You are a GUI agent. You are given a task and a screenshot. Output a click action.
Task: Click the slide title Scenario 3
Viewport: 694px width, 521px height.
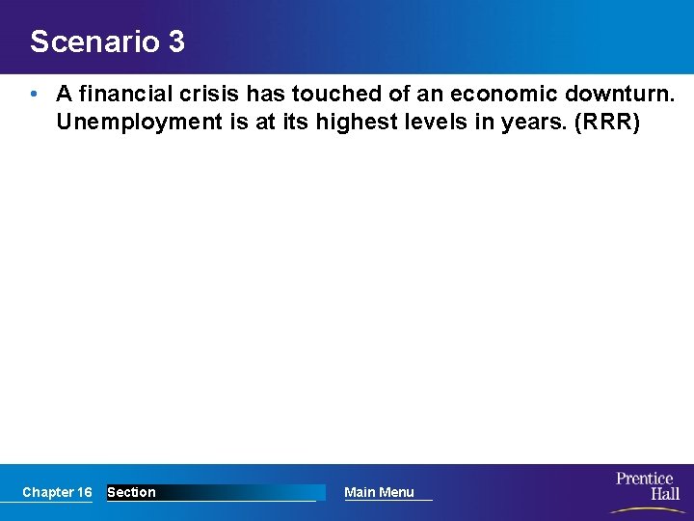pyautogui.click(x=107, y=42)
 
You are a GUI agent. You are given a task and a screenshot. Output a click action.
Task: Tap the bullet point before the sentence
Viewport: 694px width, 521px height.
pyautogui.click(x=34, y=95)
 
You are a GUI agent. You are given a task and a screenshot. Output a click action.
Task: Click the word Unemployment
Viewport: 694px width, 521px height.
pyautogui.click(x=137, y=123)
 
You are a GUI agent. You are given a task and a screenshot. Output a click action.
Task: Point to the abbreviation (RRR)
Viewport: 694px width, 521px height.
pyautogui.click(x=607, y=123)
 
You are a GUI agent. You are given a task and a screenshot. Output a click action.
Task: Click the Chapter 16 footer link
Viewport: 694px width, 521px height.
pyautogui.click(x=57, y=492)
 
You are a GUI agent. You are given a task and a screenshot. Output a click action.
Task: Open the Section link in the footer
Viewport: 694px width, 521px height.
pyautogui.click(x=131, y=492)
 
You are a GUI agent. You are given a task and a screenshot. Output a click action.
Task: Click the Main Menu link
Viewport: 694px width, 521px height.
pyautogui.click(x=379, y=492)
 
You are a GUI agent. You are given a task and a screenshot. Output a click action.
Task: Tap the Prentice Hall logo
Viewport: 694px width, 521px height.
pyautogui.click(x=646, y=487)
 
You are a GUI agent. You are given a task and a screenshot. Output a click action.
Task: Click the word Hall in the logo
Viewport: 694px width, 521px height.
pyautogui.click(x=663, y=495)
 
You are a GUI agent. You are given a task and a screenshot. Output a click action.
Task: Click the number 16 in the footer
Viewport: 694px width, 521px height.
pyautogui.click(x=84, y=492)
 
